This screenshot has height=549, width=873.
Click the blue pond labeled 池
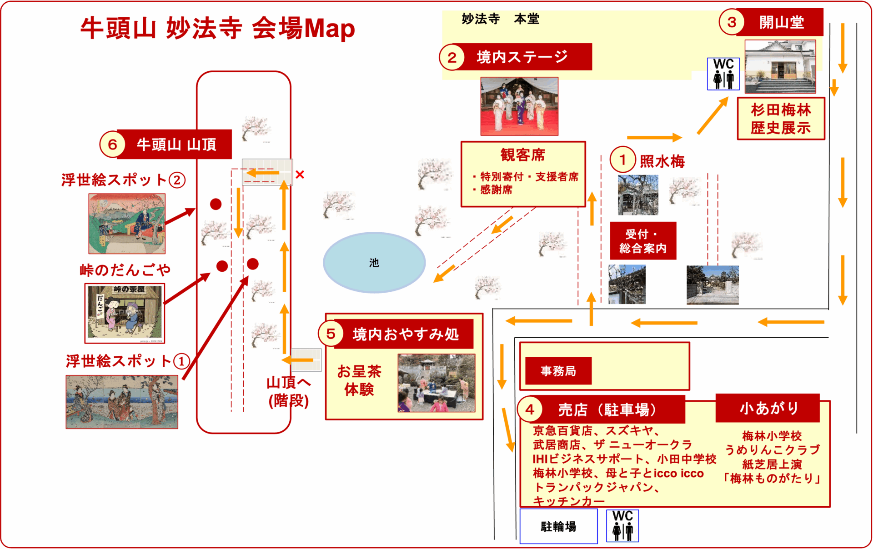(374, 262)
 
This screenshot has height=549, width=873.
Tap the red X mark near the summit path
(300, 174)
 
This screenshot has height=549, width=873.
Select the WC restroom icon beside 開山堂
(723, 74)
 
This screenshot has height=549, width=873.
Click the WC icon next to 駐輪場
(622, 526)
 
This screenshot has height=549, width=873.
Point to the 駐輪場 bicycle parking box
(559, 526)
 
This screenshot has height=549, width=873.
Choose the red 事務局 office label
(558, 371)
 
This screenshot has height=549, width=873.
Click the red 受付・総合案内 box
(643, 241)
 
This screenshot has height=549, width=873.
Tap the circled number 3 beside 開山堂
(732, 22)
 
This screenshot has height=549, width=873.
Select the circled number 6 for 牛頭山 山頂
(112, 145)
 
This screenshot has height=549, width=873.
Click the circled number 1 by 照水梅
(622, 160)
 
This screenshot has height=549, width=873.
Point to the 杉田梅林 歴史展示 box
(781, 119)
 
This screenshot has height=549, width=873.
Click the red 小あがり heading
(768, 408)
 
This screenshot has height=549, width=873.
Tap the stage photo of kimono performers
(519, 106)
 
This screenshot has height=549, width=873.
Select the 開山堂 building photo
(780, 66)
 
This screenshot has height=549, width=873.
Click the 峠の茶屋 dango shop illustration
(125, 313)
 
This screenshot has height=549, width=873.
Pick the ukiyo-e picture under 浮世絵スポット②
(127, 224)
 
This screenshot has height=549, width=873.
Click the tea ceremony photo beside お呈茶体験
(436, 383)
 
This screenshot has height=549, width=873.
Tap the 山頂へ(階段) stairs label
(289, 391)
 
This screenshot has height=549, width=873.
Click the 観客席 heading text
(523, 155)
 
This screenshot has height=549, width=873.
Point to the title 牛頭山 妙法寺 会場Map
(217, 28)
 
